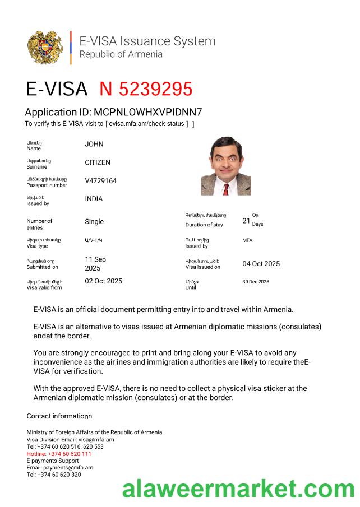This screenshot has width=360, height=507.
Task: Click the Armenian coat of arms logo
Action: (x=45, y=48)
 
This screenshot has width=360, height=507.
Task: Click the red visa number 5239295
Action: (x=146, y=89)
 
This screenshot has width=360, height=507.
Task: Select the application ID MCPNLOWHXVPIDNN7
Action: (x=148, y=112)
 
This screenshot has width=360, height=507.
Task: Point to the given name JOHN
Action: (x=94, y=144)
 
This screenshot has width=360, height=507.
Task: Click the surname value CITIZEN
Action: (x=98, y=162)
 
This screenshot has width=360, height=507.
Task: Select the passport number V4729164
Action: (x=101, y=181)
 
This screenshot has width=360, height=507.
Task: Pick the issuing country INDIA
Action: (x=94, y=199)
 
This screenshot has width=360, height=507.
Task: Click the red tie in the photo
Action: (x=226, y=188)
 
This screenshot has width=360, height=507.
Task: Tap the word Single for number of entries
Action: (x=94, y=222)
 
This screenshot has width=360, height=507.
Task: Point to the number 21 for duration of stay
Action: (x=246, y=221)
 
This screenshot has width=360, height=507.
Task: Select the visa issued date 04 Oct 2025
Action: (x=261, y=264)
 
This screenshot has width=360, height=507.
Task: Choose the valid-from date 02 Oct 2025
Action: (x=103, y=281)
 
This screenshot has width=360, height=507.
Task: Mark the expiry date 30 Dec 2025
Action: (x=256, y=282)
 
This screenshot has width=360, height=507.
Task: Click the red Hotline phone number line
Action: (x=59, y=454)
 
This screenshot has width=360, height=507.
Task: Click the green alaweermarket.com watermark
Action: (x=238, y=490)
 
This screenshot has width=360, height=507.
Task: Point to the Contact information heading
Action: (x=59, y=416)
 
